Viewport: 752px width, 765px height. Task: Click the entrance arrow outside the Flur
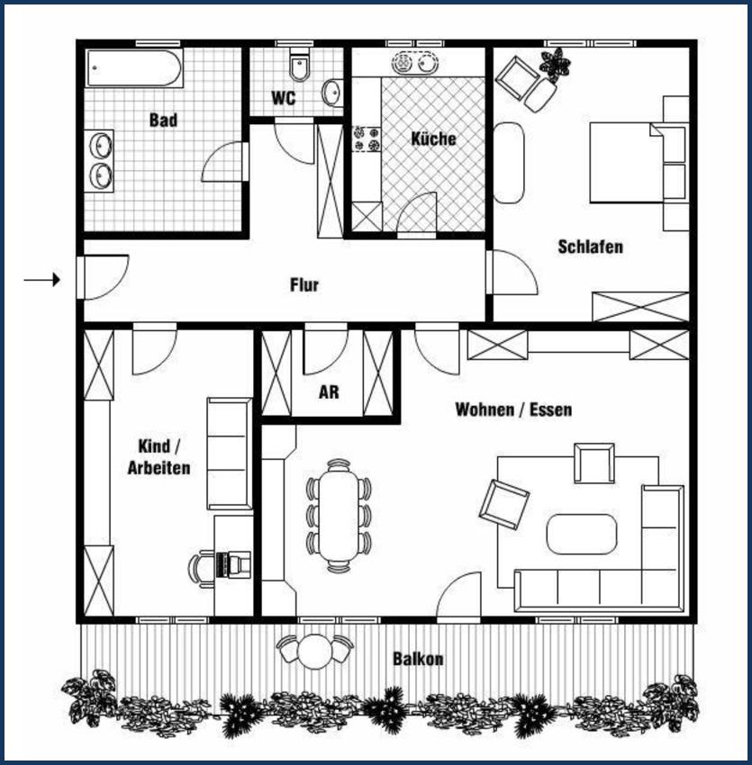(42, 280)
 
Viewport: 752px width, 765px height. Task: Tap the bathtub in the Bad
(134, 67)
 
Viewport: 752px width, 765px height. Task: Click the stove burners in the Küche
(367, 139)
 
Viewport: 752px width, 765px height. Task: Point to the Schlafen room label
(591, 247)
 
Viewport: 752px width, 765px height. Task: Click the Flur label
(304, 285)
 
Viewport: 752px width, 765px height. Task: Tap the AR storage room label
(329, 392)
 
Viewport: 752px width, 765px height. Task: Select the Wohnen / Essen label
(513, 409)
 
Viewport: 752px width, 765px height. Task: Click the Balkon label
(418, 659)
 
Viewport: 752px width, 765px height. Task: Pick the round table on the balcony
(315, 652)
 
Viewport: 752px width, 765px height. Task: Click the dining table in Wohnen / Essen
(339, 516)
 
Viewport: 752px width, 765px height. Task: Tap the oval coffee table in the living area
(582, 535)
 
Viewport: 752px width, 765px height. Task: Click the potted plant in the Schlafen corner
(555, 64)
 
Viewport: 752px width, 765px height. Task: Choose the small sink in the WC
(331, 92)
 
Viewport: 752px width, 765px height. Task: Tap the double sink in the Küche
(414, 62)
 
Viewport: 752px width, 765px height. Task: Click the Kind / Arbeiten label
(159, 457)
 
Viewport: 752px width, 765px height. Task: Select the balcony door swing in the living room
(458, 595)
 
